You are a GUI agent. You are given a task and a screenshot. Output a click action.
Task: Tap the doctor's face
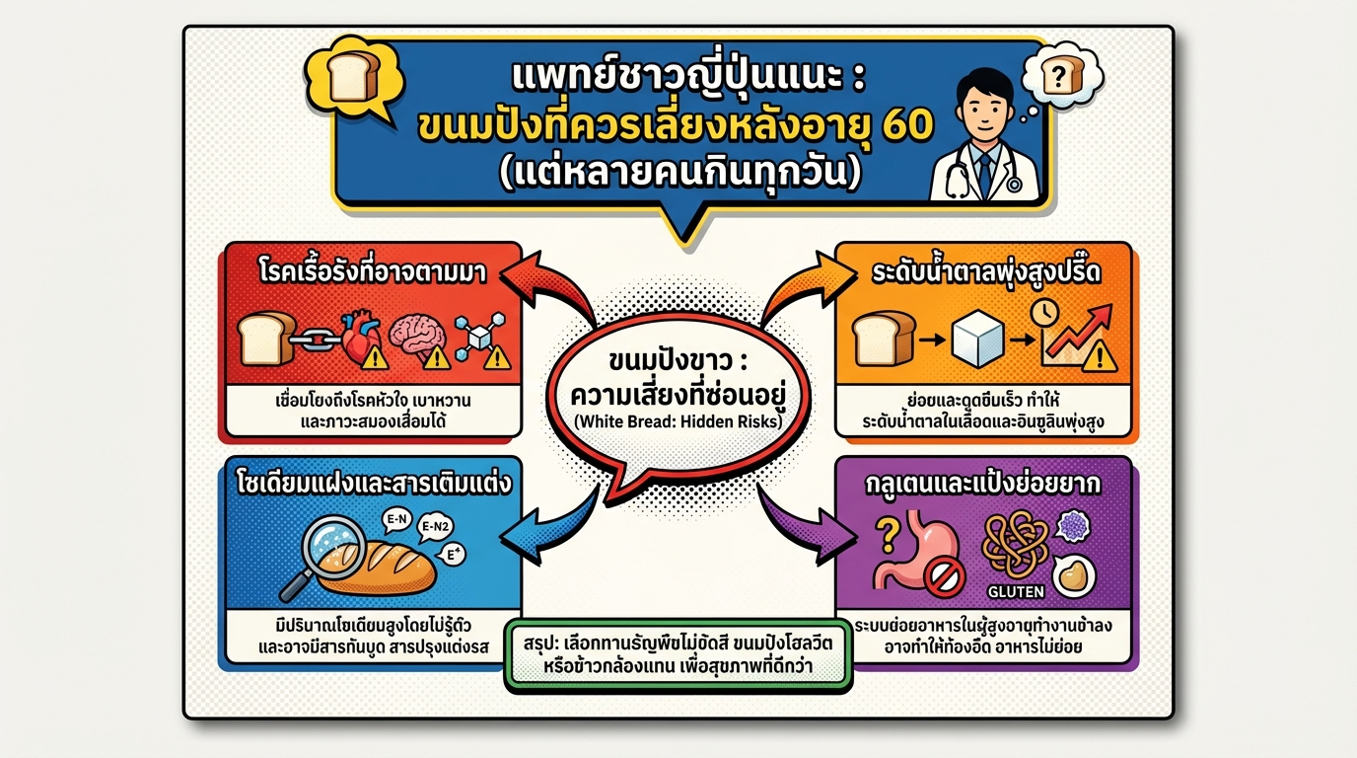tap(981, 104)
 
